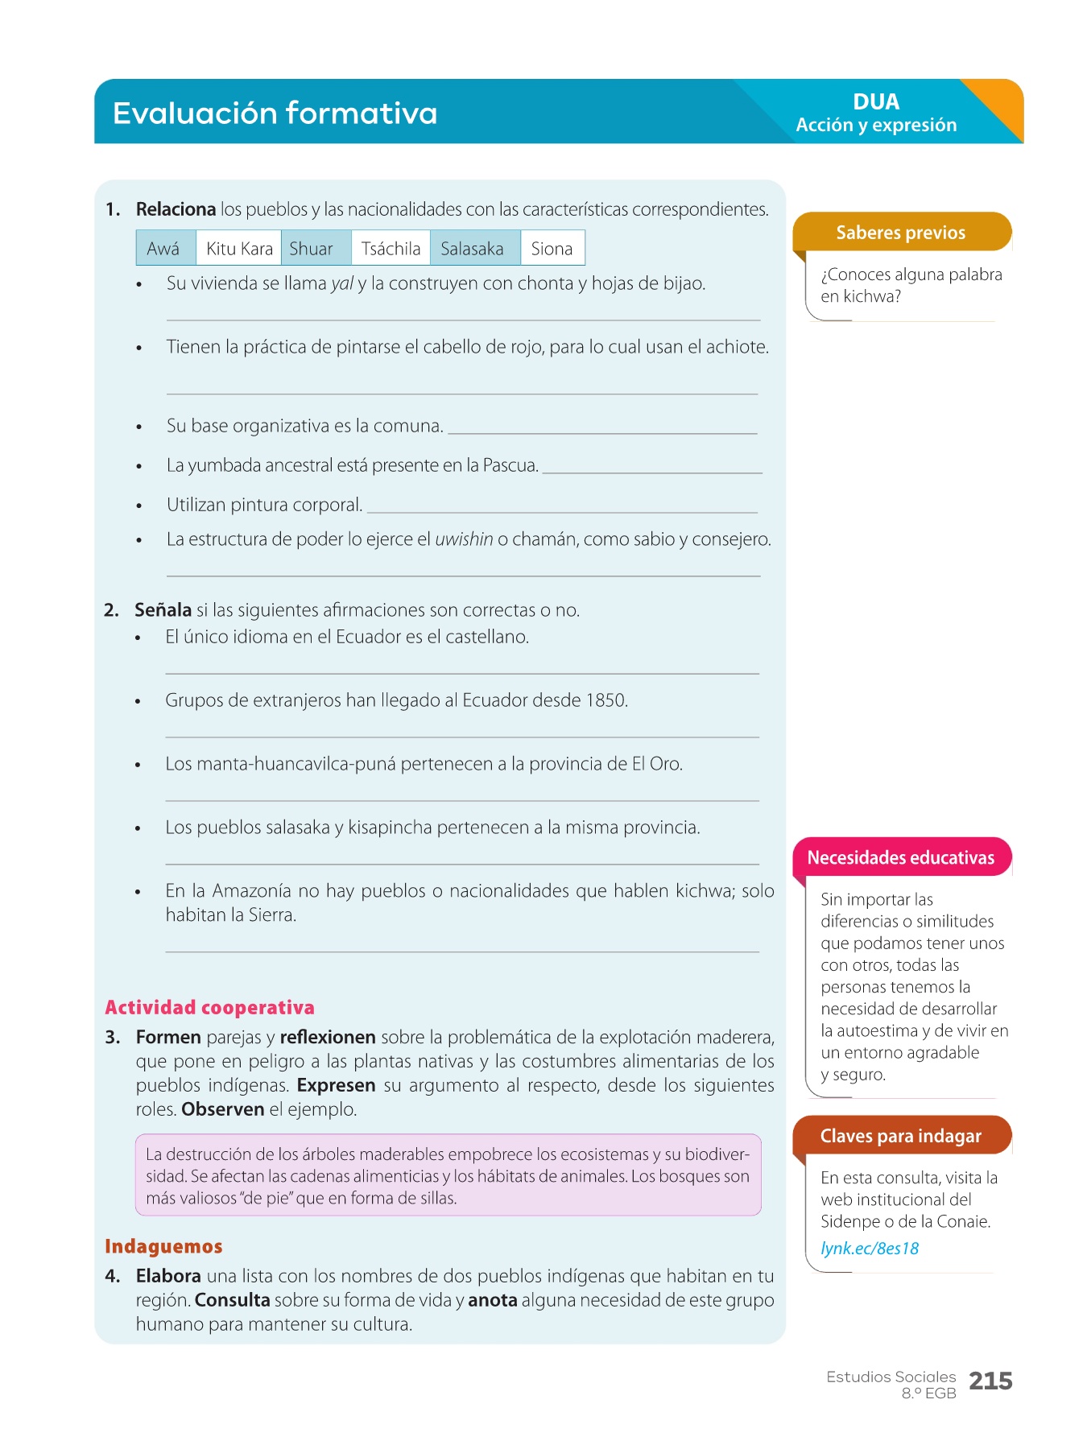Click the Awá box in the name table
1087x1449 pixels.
(x=163, y=249)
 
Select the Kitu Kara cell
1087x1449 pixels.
(x=239, y=249)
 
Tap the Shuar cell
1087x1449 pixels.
(x=312, y=249)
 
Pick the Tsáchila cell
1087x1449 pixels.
(x=391, y=249)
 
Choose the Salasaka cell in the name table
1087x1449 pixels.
(x=473, y=249)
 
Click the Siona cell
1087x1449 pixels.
(x=552, y=249)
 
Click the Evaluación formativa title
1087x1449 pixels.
(x=275, y=113)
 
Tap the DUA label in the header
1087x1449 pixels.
(x=876, y=101)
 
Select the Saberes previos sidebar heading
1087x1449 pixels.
(x=900, y=233)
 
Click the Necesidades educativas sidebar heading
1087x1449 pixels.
(x=900, y=857)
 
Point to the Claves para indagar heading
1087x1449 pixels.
(x=900, y=1136)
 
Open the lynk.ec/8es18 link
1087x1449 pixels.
(x=870, y=1248)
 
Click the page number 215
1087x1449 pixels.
(x=990, y=1381)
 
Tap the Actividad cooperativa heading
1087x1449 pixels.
(x=209, y=1007)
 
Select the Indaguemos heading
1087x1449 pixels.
(x=163, y=1246)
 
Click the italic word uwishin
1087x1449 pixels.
(x=464, y=539)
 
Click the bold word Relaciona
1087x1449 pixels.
(x=176, y=209)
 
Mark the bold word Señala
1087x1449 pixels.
(x=163, y=610)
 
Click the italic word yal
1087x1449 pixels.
(x=341, y=283)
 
